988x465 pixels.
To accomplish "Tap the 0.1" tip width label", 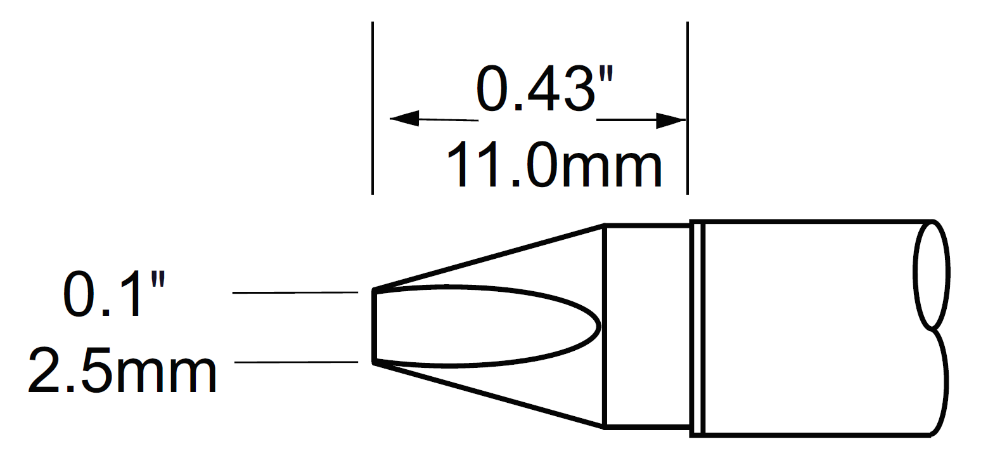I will [114, 294].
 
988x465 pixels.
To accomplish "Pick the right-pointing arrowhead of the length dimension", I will [670, 120].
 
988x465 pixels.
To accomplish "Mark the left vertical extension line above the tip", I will [373, 108].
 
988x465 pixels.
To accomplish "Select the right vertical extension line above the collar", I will [688, 108].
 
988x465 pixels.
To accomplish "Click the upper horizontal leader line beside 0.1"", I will [295, 292].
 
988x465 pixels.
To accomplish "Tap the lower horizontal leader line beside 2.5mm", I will [296, 362].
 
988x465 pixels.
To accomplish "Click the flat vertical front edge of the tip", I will [374, 327].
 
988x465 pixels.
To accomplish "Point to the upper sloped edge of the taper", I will [488, 257].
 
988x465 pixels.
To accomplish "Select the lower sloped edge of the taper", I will [488, 395].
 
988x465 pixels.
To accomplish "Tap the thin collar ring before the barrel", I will [697, 327].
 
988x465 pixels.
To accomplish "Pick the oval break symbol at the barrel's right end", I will [931, 275].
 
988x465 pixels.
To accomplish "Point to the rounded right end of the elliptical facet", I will [598, 327].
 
